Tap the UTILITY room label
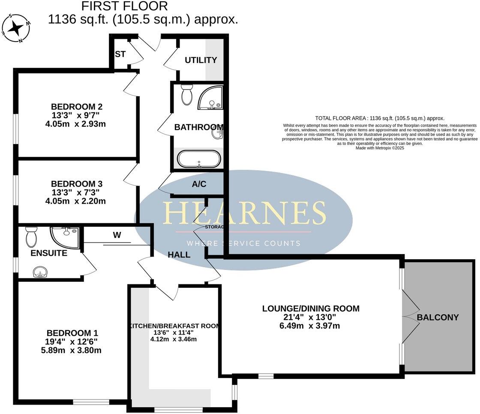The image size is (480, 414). [201, 60]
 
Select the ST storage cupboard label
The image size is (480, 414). [120, 54]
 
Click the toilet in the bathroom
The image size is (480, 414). [187, 95]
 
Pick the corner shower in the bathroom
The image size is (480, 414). [210, 98]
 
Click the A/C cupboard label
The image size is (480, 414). [199, 184]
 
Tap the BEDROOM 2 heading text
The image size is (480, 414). [77, 106]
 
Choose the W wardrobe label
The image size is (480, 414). [117, 234]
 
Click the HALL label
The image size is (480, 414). [179, 254]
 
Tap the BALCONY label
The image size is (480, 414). [438, 317]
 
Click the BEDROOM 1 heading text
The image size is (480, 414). [72, 333]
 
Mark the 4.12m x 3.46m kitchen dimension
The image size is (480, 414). [174, 340]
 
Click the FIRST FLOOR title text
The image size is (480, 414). [125, 6]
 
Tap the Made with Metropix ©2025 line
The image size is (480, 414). [380, 148]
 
